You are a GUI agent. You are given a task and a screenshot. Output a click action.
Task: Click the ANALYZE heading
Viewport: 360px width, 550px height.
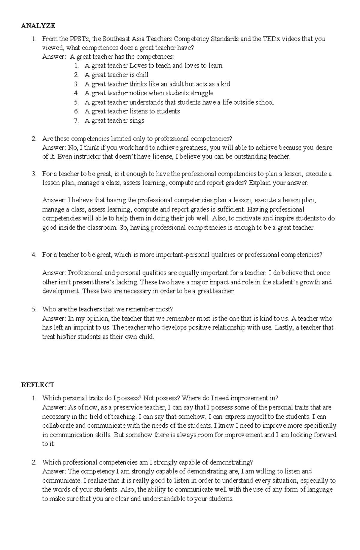38,26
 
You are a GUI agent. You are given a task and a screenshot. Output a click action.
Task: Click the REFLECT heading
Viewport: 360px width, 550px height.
37,385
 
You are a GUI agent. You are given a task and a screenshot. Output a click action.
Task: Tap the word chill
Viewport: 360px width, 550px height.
142,75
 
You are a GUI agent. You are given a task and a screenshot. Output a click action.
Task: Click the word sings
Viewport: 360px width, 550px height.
137,120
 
